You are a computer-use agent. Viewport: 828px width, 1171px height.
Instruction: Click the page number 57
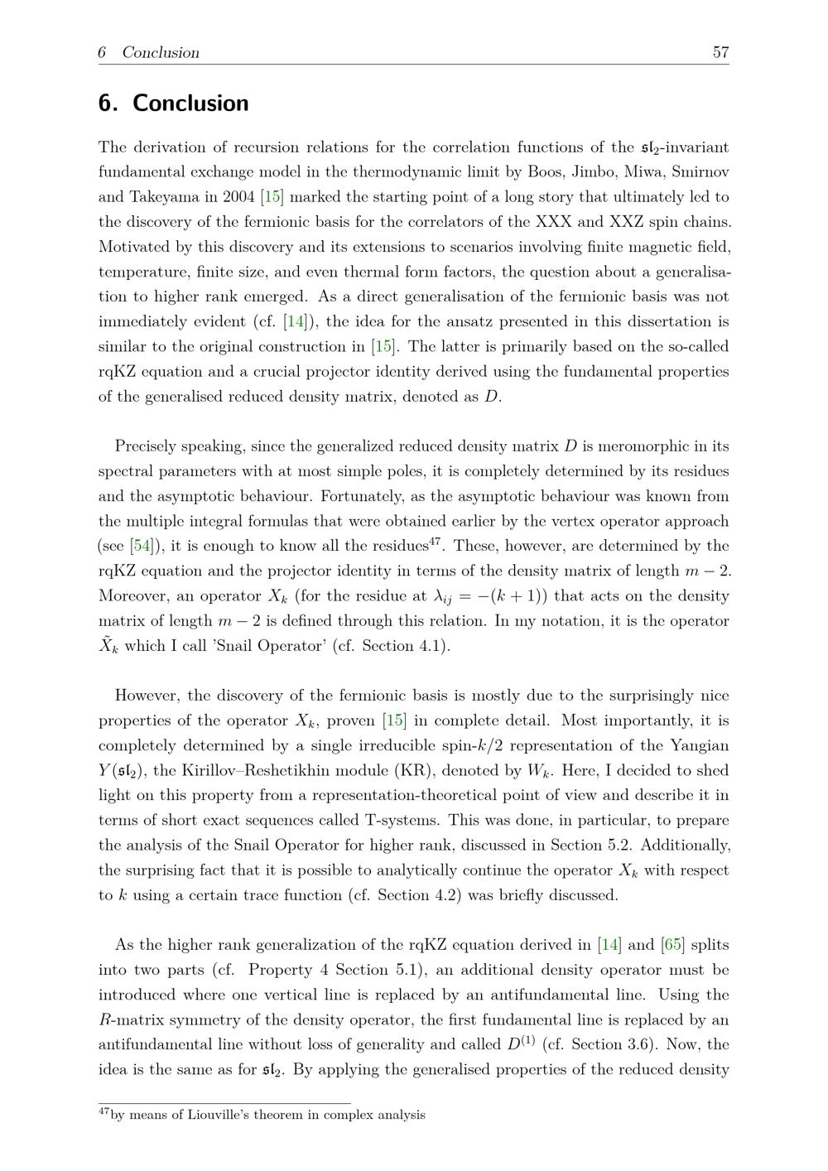coord(720,52)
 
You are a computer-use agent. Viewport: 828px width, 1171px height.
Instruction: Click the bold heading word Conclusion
coord(190,104)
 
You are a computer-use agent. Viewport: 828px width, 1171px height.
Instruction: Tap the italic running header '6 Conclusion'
coord(149,52)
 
